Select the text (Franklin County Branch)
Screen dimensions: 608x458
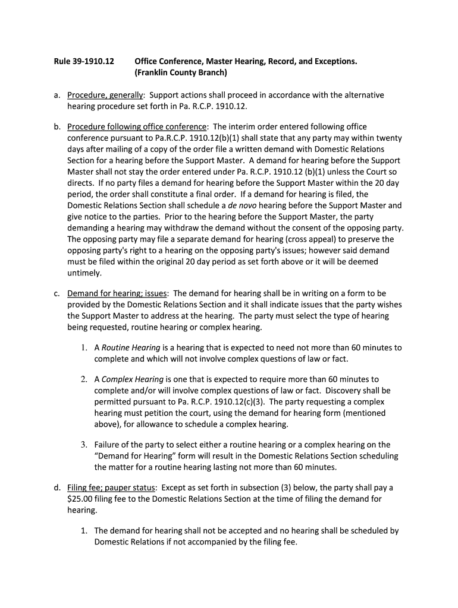pyautogui.click(x=181, y=73)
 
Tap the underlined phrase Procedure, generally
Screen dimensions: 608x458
pyautogui.click(x=105, y=95)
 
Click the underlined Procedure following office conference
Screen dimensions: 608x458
pyautogui.click(x=137, y=126)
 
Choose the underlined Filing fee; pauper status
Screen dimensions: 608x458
pyautogui.click(x=112, y=487)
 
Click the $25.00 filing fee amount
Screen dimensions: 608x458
pyautogui.click(x=80, y=499)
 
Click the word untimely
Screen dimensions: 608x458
pyautogui.click(x=84, y=273)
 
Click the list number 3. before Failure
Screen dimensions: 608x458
pyautogui.click(x=84, y=445)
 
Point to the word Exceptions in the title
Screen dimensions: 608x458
pyautogui.click(x=334, y=61)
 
